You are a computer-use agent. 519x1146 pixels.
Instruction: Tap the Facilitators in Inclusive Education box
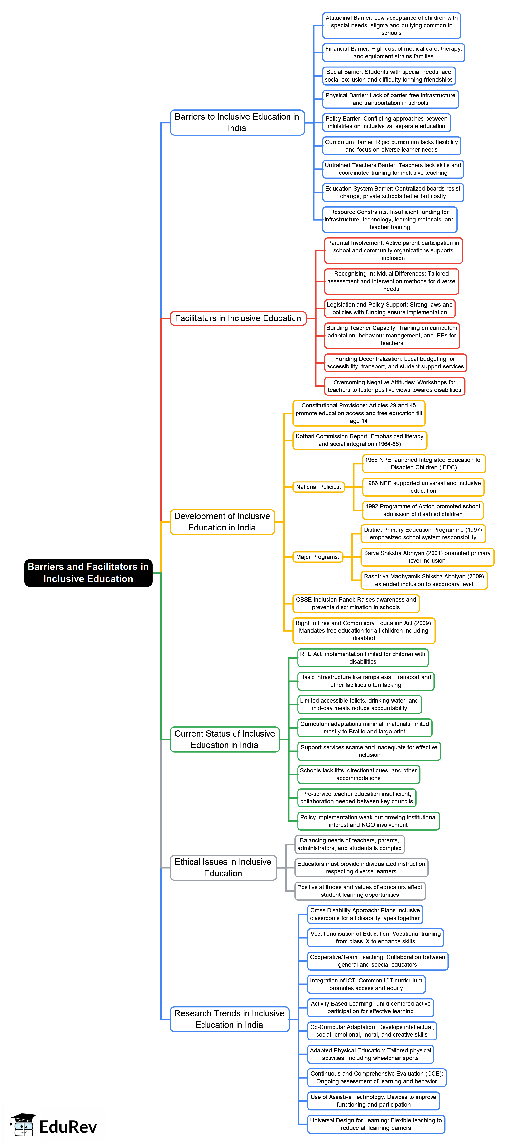point(238,318)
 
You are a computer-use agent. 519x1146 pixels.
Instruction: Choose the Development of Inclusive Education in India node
point(222,521)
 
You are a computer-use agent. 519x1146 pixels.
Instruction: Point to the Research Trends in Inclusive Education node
point(229,1019)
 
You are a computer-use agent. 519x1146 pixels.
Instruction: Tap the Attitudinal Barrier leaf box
point(391,25)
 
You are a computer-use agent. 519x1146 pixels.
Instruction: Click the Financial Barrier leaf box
point(393,52)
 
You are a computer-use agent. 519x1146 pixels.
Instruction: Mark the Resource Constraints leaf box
point(390,219)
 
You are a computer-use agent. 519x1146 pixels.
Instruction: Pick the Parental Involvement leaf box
point(393,250)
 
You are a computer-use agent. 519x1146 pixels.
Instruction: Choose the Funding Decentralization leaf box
point(395,363)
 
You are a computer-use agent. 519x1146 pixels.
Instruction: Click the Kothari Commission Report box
point(359,440)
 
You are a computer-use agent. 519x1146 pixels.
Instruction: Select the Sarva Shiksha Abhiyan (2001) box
point(427,557)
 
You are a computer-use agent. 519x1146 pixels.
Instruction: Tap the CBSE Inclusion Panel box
point(356,603)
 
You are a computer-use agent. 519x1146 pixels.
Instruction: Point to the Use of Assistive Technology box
point(373,1101)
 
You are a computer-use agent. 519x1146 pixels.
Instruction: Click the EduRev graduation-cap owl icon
point(23,1124)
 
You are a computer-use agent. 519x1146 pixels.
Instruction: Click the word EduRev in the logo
point(68,1127)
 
